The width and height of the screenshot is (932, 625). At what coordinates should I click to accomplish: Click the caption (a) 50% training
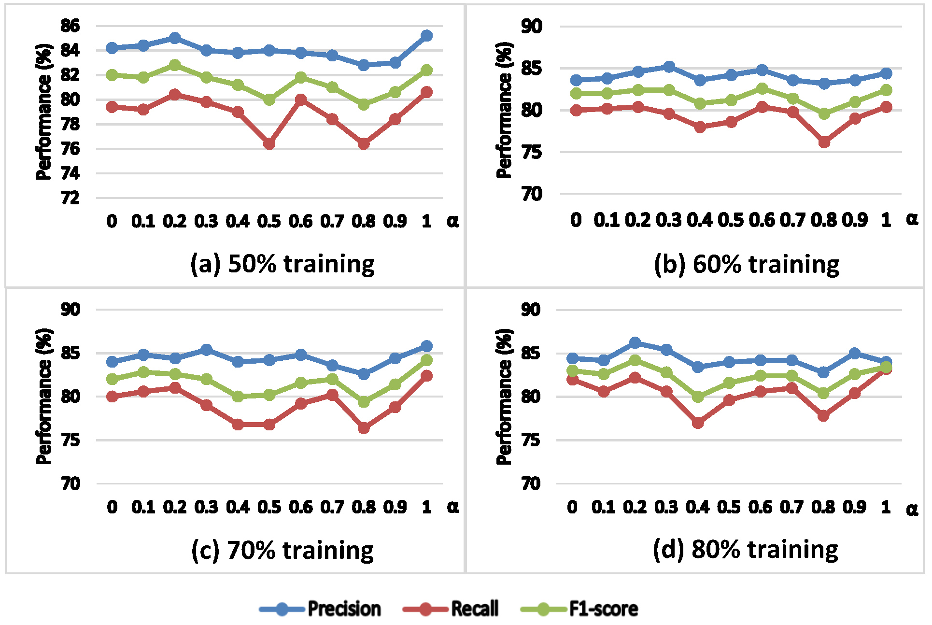[282, 264]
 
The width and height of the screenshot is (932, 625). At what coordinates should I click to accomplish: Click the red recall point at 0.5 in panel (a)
[269, 144]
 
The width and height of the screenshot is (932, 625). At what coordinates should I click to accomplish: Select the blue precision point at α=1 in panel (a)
[426, 35]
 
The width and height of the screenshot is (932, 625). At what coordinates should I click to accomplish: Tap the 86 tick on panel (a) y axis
[70, 26]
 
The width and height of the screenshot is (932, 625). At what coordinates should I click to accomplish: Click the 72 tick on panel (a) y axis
[70, 198]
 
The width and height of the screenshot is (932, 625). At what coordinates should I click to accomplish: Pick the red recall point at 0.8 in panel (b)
[824, 142]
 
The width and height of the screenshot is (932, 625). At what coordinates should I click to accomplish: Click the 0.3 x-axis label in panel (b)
[669, 220]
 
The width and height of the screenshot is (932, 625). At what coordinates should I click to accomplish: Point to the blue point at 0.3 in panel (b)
[669, 67]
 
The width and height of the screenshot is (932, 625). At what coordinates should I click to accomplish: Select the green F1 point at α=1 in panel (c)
[426, 360]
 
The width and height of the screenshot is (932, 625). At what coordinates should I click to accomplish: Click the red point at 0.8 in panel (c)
[364, 428]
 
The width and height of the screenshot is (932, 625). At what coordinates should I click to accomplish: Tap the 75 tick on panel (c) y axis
[71, 440]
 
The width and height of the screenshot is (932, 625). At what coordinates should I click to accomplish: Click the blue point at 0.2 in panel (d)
[635, 343]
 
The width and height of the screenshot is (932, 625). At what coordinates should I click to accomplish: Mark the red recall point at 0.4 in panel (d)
[698, 423]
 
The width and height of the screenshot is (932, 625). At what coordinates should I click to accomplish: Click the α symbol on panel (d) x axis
[912, 509]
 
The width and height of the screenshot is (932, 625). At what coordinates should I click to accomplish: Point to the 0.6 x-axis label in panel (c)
[300, 507]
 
